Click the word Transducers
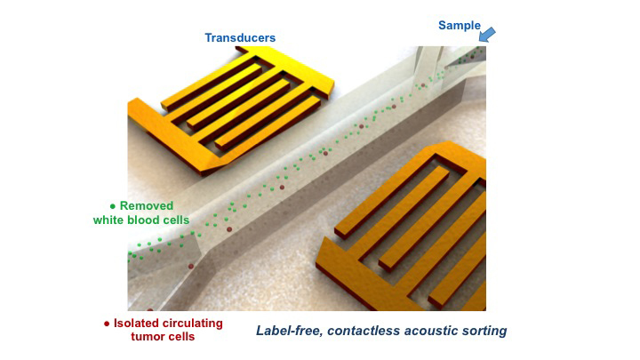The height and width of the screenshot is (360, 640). pos(240,38)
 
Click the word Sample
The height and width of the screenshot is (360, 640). pos(460,26)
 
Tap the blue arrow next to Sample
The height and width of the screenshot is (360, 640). pos(487,35)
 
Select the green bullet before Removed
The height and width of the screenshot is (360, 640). pos(113,206)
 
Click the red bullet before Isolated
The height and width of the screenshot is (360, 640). pos(107,324)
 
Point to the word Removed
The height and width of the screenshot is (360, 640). pos(147,205)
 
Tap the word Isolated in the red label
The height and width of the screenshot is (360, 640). pos(133,324)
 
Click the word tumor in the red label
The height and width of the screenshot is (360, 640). pos(147,337)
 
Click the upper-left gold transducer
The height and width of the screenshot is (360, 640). pos(231,109)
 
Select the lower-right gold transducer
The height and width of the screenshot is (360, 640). pos(402,227)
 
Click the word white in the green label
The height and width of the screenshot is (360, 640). pos(108,220)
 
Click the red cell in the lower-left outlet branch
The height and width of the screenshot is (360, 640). pos(190,266)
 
